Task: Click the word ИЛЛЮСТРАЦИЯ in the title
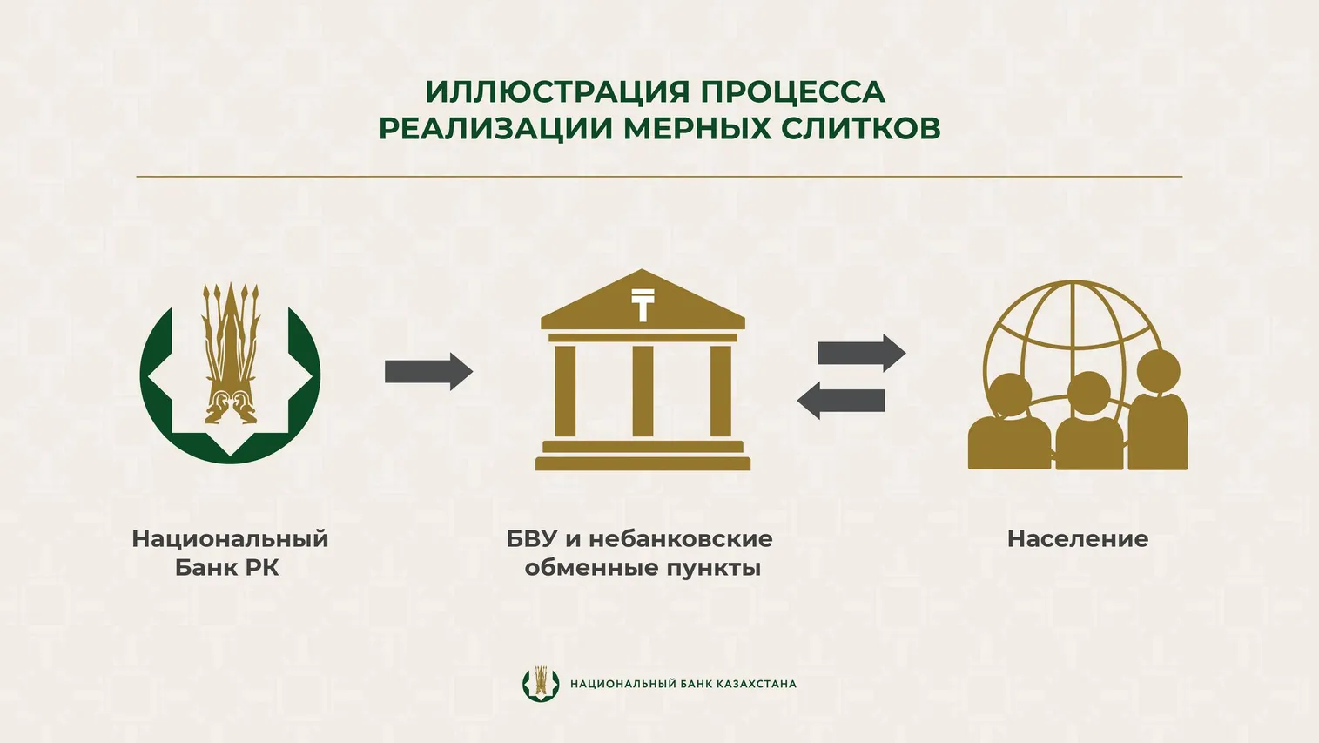click(557, 92)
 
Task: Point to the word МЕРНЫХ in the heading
click(697, 128)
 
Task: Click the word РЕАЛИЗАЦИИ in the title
click(495, 128)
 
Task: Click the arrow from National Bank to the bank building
click(428, 372)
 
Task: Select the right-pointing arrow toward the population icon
click(862, 353)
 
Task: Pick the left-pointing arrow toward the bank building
click(841, 401)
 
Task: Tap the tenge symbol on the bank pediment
click(643, 305)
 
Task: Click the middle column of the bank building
click(643, 390)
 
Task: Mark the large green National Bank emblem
click(230, 373)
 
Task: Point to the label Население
click(1078, 539)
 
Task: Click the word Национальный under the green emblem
click(230, 539)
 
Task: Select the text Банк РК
click(226, 569)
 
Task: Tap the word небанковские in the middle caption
click(681, 539)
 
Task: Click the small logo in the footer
click(541, 684)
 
